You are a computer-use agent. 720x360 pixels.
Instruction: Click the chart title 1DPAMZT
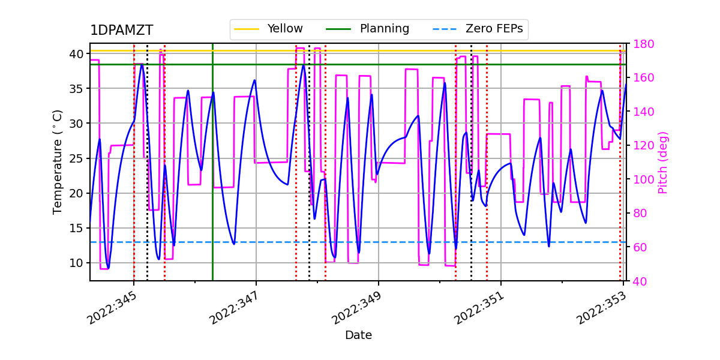pos(121,31)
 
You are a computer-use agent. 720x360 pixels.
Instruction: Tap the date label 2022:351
pos(479,307)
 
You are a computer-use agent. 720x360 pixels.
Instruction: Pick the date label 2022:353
pos(602,307)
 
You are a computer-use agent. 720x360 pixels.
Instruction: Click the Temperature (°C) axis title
pos(58,161)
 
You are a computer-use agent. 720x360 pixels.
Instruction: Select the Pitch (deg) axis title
pos(663,162)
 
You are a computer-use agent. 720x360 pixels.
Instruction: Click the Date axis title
pos(358,335)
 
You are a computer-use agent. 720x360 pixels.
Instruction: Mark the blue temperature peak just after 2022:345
pos(142,64)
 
